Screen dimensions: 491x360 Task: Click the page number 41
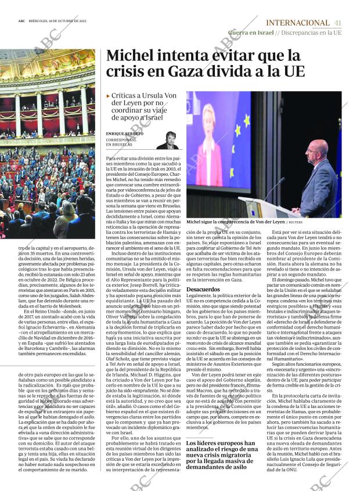tap(337, 22)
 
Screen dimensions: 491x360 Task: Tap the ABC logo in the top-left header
tap(21, 23)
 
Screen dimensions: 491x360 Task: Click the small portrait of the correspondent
tap(167, 140)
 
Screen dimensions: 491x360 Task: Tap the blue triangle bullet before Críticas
tap(109, 96)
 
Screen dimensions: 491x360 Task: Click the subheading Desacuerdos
tap(203, 289)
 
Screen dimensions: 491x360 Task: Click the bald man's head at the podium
tap(316, 152)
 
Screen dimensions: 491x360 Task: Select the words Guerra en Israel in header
tap(251, 33)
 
